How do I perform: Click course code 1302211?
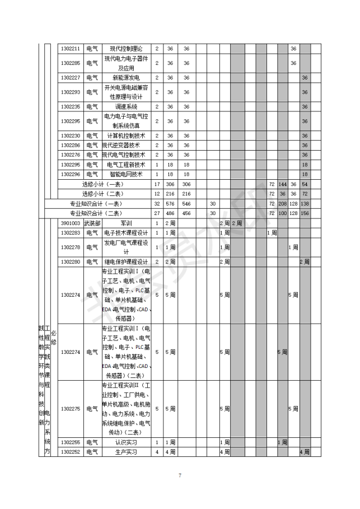pos(71,49)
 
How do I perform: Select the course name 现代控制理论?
pos(126,49)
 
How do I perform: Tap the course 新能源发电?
pos(126,77)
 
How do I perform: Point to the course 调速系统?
pos(126,106)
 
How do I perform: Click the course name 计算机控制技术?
pos(126,136)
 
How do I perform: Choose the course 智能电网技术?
pos(126,174)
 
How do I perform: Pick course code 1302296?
pos(71,174)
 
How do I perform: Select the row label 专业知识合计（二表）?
pos(95,213)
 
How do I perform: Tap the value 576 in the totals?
pos(170,203)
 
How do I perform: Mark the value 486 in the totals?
pos(170,213)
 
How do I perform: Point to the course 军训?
pos(126,223)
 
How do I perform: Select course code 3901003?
pos(71,223)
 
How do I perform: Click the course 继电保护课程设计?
pos(126,262)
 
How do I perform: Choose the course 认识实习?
pos(126,442)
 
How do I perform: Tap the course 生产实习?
pos(126,451)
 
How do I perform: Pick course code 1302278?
pos(71,247)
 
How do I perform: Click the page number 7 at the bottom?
pos(180,475)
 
